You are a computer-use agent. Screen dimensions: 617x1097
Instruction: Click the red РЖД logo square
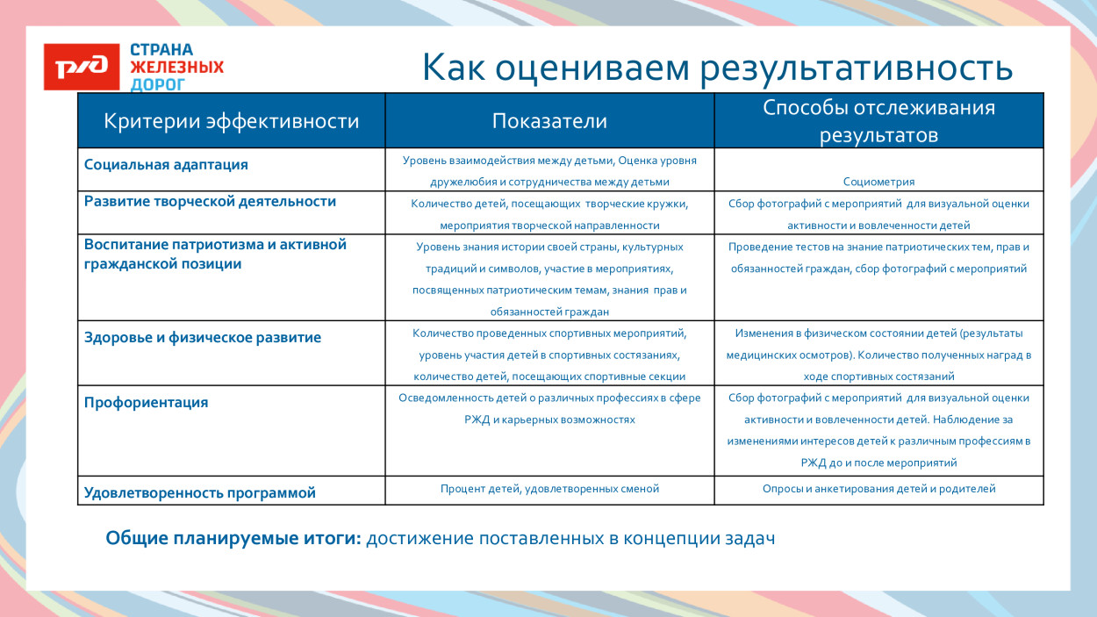[x=82, y=67]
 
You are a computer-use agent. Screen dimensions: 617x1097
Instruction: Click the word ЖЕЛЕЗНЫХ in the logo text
[x=176, y=67]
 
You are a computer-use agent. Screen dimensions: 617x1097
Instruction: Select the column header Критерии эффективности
[x=231, y=121]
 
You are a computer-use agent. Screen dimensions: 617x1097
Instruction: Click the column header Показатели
[x=549, y=121]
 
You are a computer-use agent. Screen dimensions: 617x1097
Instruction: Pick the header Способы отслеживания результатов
[x=878, y=121]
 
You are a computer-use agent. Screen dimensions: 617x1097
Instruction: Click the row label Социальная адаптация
[x=166, y=164]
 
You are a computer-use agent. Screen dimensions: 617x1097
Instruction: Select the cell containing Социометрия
[x=878, y=182]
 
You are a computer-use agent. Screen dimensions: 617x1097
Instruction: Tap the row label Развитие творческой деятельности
[x=210, y=201]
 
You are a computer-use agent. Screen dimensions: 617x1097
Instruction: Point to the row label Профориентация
[x=146, y=403]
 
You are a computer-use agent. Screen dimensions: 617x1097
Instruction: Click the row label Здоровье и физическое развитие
[x=202, y=337]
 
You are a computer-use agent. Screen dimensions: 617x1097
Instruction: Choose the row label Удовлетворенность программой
[x=199, y=492]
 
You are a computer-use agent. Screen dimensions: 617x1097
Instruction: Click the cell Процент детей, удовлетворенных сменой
[x=549, y=489]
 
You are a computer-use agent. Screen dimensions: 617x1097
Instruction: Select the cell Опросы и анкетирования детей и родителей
[x=878, y=489]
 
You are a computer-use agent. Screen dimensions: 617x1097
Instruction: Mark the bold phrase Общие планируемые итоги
[x=233, y=538]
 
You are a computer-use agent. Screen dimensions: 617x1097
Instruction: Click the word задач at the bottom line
[x=748, y=538]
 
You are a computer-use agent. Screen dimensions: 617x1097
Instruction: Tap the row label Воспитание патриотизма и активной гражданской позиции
[x=215, y=254]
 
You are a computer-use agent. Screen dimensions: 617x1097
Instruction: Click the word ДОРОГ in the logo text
[x=158, y=84]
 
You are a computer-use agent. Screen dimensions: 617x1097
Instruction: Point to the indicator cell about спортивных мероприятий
[x=549, y=355]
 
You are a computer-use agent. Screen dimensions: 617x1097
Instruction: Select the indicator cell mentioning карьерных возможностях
[x=549, y=409]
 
